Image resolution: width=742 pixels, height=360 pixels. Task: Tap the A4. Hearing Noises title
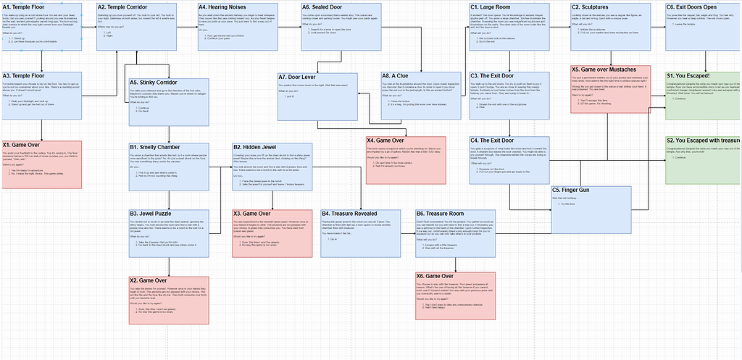pos(222,7)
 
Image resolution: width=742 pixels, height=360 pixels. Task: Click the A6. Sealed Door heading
pos(322,7)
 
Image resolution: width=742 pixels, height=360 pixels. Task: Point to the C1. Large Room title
pos(491,7)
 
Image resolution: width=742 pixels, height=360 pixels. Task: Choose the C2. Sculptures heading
pos(591,7)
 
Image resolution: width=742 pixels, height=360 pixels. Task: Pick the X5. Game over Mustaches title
pos(604,70)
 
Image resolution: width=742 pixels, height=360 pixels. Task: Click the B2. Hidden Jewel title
pos(254,147)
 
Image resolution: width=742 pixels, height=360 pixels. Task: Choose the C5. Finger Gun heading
pos(573,191)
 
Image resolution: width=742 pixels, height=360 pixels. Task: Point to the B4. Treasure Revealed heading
pos(349,214)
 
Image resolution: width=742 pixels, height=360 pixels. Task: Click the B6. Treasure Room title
pos(440,214)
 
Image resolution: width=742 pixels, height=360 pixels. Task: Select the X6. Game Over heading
pos(435,276)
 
